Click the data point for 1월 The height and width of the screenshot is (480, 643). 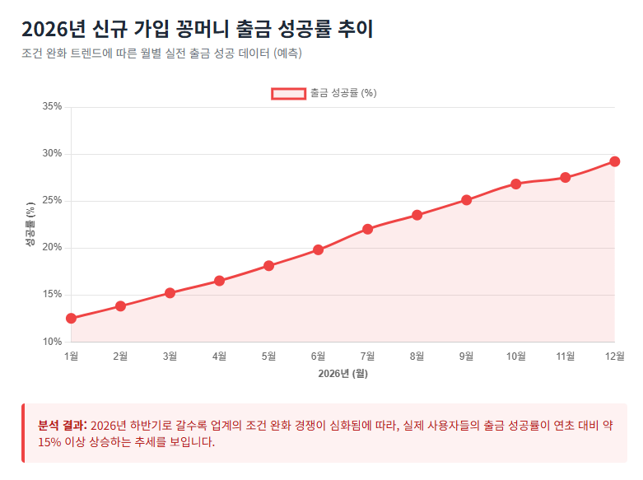71,318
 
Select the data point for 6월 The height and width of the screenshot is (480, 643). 318,249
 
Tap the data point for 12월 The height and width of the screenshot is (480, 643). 614,161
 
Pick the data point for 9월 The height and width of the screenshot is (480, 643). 466,200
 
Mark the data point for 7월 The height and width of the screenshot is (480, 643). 367,229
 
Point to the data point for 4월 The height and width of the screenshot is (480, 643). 219,281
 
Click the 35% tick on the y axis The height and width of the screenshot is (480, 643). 51,106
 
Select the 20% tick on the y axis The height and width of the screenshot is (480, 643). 51,248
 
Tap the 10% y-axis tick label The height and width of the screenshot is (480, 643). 51,342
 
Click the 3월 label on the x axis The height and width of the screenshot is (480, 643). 170,357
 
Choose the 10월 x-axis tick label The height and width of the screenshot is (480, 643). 515,357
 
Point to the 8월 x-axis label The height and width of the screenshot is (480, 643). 417,357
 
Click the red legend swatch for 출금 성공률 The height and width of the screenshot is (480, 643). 288,93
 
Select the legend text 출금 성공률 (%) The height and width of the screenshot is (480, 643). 343,93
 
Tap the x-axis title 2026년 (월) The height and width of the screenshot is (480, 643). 342,373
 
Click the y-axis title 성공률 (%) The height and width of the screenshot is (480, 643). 30,224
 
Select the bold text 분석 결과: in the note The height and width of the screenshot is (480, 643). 62,425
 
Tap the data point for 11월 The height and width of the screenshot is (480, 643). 565,178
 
